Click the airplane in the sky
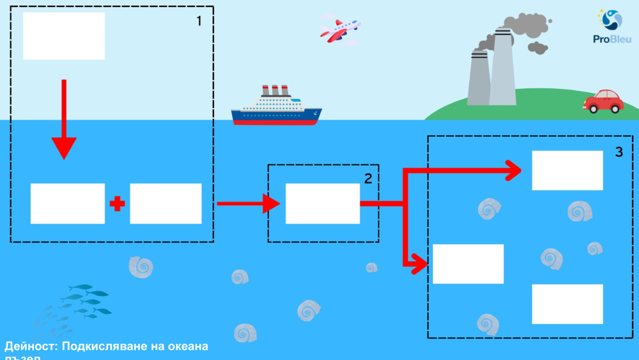pos(340,29)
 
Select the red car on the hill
pos(603,101)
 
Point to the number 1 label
pos(199,21)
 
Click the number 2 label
pos(367,179)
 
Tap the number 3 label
pos(619,152)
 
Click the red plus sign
pos(117,204)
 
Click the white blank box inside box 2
pos(323,203)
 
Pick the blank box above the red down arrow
pos(64,36)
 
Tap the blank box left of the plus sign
pos(68,203)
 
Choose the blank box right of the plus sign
pos(166,203)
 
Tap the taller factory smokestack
pos(502,67)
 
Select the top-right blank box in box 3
pos(567,170)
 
